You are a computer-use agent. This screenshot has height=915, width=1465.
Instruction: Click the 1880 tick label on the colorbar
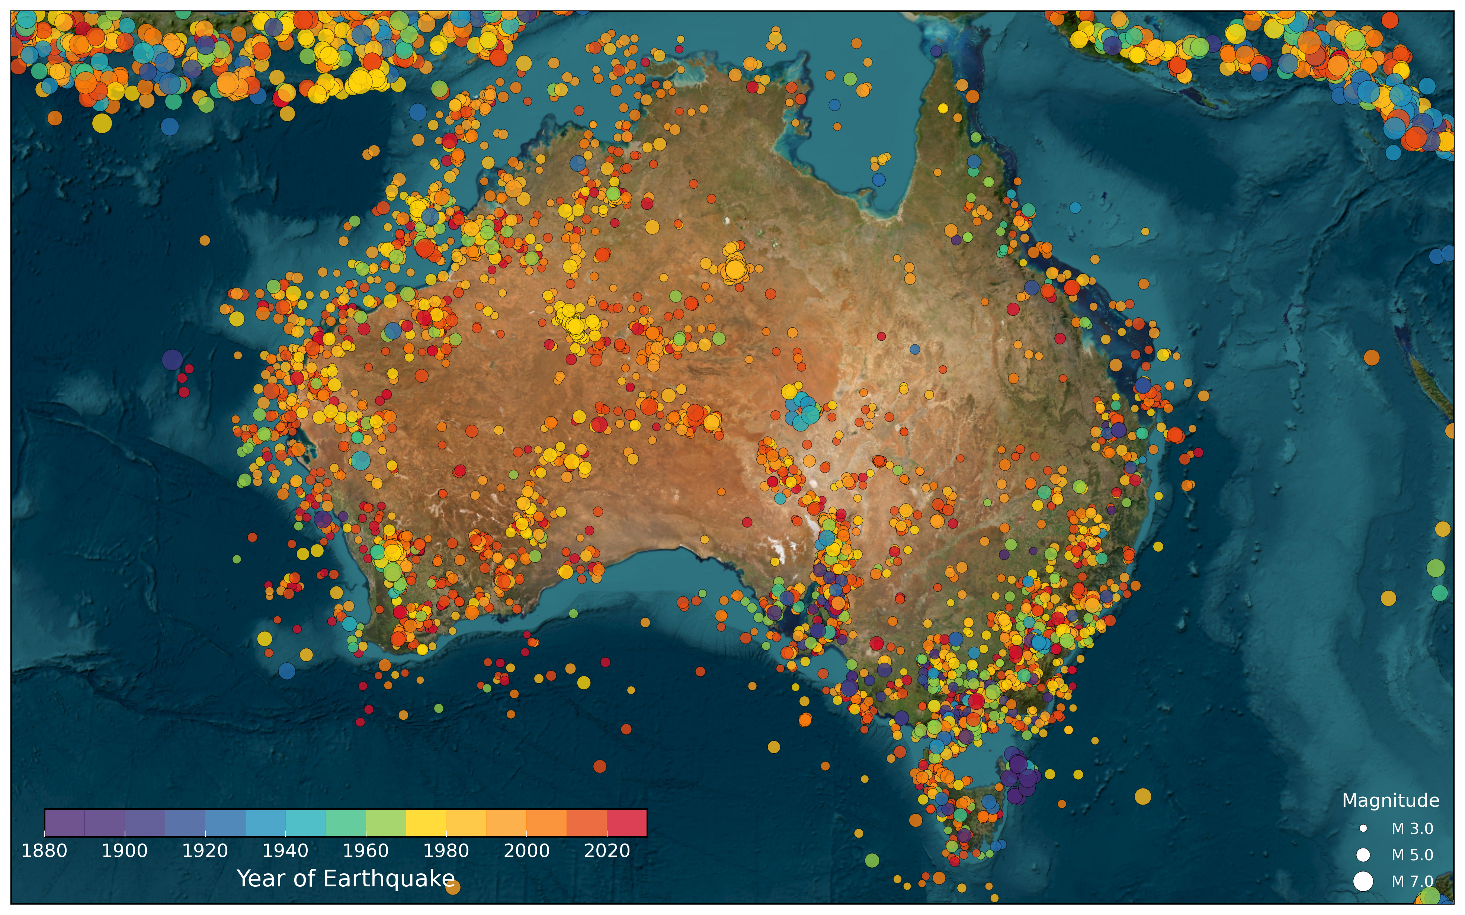[x=44, y=851]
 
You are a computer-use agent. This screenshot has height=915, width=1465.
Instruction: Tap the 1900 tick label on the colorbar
[x=125, y=851]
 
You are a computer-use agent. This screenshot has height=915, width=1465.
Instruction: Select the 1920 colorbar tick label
[x=205, y=851]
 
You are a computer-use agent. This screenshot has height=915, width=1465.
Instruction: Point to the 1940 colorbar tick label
[x=286, y=851]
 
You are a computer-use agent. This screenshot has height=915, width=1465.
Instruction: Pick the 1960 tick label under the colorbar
[x=365, y=851]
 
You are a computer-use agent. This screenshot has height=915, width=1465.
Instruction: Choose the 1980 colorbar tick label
[x=446, y=851]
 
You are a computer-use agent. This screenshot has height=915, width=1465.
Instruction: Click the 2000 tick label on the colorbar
[x=526, y=851]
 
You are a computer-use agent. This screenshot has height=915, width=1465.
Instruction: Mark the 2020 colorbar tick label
[x=607, y=851]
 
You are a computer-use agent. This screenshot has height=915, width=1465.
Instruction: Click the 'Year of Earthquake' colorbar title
[x=346, y=879]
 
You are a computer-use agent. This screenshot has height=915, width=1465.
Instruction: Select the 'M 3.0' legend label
[x=1412, y=828]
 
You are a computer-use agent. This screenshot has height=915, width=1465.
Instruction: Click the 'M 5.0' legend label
[x=1412, y=855]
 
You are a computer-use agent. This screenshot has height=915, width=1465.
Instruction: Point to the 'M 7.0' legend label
[x=1412, y=881]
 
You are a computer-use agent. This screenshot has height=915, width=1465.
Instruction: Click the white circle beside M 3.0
[x=1363, y=828]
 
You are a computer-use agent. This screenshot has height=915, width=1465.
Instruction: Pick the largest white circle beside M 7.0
[x=1363, y=881]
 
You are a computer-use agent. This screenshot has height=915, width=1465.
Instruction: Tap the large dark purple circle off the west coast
[x=173, y=359]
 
